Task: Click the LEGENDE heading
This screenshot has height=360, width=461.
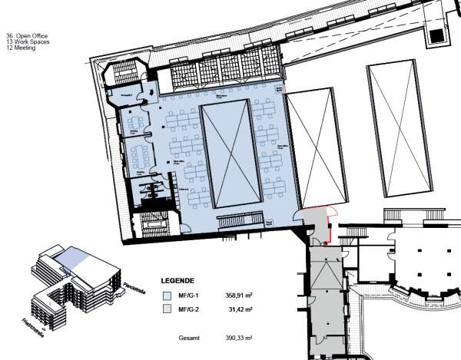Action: pos(178,281)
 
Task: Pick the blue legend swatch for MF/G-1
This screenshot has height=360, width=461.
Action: pos(167,295)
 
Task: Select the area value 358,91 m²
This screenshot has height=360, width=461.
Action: pos(239,295)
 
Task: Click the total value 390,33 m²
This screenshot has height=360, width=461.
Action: pos(239,337)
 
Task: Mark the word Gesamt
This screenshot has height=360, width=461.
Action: pos(188,337)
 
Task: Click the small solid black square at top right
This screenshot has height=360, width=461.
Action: pos(437,35)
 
